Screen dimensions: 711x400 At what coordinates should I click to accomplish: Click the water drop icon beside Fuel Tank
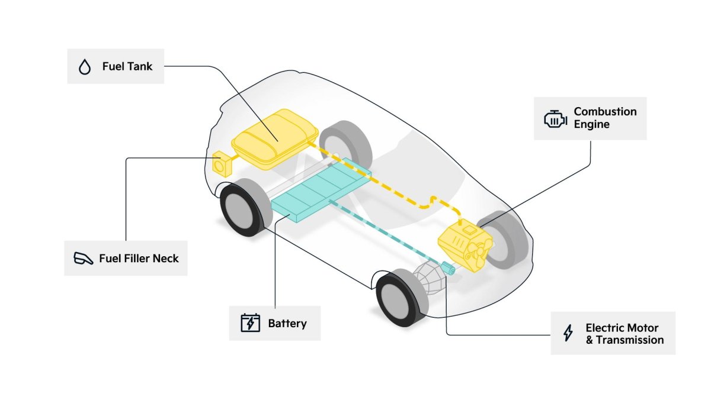pos(85,67)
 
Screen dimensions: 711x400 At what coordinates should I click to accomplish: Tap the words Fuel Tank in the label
pos(127,66)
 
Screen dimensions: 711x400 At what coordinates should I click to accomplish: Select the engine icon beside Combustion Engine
pos(556,119)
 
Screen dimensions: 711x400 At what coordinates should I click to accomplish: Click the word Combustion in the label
pos(606,112)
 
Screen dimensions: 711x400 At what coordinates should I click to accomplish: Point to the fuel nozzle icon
pos(83,259)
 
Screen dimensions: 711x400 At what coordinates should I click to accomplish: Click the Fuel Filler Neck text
pos(139,259)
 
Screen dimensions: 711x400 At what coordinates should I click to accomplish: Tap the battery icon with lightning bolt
pos(251,322)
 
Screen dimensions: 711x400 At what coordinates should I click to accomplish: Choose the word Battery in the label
pos(287,324)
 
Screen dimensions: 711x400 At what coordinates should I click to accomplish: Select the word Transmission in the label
pos(630,340)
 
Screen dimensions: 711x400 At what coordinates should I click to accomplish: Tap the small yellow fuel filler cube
pos(222,164)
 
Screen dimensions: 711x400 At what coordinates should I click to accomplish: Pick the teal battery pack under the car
pos(321,189)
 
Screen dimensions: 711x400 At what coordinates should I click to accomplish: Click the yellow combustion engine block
pos(465,245)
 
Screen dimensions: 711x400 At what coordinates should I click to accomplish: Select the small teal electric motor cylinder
pos(448,268)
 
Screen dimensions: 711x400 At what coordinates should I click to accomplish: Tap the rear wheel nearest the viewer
pos(245,208)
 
